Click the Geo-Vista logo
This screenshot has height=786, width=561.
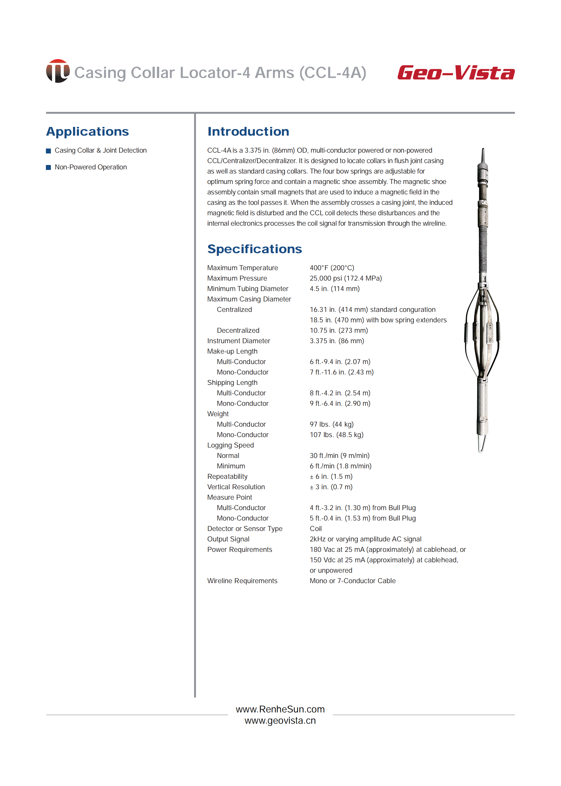click(456, 73)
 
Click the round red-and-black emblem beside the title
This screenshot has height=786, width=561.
click(58, 71)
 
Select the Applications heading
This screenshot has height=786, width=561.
click(87, 132)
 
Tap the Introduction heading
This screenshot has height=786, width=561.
click(248, 132)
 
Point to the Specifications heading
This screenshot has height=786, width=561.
click(255, 249)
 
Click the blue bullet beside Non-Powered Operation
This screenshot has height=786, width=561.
click(48, 167)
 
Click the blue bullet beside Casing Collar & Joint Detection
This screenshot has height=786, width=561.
click(48, 151)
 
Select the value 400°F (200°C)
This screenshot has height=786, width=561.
click(332, 268)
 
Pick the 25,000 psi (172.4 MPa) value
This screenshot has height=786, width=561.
click(346, 278)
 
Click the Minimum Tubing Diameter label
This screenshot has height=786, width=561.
click(247, 289)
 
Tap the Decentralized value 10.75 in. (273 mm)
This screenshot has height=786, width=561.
click(339, 330)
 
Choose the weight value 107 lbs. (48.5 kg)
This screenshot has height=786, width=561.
click(336, 435)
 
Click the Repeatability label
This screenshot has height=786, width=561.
click(227, 477)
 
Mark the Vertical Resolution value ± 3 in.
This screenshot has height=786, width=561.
click(331, 487)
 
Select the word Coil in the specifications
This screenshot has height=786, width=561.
click(315, 528)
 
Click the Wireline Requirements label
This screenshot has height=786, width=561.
click(242, 581)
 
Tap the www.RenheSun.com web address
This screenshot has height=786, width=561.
click(280, 709)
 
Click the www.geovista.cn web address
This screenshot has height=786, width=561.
click(280, 720)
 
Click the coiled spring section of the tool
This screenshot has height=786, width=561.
click(483, 248)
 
